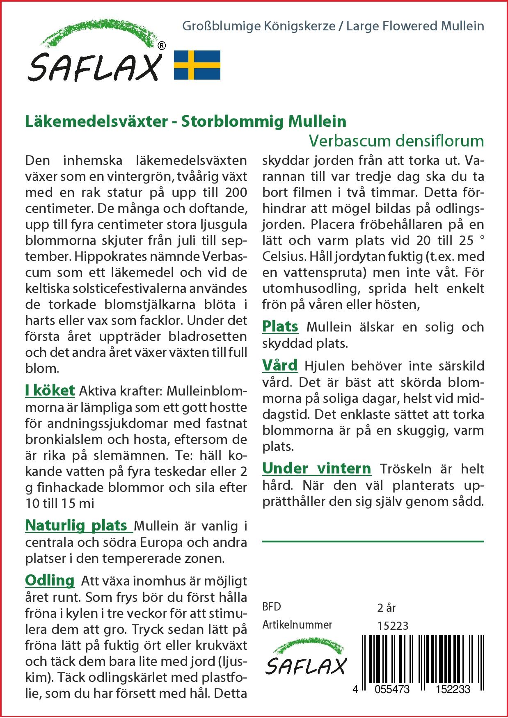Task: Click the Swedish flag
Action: [197, 65]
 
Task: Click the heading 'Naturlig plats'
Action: [76, 526]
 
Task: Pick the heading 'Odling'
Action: [50, 581]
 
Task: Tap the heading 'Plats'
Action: [280, 327]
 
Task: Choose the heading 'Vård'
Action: [280, 366]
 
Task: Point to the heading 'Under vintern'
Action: [316, 469]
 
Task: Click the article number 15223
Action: [393, 626]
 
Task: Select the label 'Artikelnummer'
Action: [297, 625]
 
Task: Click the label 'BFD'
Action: [272, 607]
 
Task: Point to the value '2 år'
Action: [386, 608]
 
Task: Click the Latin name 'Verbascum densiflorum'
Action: [396, 141]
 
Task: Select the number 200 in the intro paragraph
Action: [236, 192]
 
